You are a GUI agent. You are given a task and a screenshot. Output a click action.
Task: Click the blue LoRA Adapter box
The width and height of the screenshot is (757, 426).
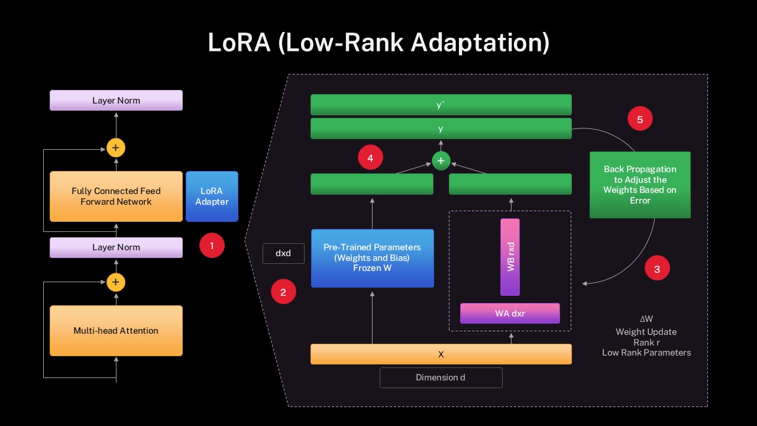(x=212, y=196)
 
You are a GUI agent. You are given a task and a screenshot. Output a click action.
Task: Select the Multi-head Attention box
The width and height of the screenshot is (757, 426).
(x=116, y=331)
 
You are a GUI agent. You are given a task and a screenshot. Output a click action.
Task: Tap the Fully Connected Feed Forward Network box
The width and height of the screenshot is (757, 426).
(x=116, y=196)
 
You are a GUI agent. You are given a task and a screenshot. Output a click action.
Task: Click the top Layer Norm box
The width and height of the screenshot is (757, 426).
(x=116, y=101)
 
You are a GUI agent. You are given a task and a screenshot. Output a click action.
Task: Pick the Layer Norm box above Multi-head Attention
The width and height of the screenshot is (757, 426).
(x=116, y=247)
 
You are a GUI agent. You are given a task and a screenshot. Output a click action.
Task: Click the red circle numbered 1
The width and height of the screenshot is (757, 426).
(x=212, y=245)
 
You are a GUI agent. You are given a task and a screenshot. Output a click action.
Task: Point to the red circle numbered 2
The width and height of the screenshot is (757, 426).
(x=283, y=292)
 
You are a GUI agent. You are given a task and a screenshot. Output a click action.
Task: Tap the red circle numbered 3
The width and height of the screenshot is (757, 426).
(x=657, y=269)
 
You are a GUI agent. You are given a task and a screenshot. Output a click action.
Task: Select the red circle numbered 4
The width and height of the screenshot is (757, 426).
(x=370, y=158)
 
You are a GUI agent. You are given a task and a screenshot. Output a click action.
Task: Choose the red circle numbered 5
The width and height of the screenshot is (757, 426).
(x=640, y=119)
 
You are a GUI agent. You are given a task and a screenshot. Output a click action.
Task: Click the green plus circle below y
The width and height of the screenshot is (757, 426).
(x=441, y=160)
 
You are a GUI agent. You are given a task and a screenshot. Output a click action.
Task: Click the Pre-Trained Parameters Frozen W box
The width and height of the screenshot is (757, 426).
(x=372, y=258)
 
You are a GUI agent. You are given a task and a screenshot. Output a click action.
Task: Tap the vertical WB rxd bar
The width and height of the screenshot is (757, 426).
(x=510, y=257)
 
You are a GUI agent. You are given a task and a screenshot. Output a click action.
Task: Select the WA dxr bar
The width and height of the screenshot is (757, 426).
(x=510, y=314)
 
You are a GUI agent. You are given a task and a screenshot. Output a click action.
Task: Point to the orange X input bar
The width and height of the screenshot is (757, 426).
(x=441, y=354)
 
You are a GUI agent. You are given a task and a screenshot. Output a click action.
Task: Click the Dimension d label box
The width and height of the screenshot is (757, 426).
(x=441, y=377)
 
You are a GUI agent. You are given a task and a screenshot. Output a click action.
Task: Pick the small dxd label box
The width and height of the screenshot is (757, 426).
(x=283, y=253)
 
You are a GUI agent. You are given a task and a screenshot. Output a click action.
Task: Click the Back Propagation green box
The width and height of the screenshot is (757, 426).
(x=640, y=185)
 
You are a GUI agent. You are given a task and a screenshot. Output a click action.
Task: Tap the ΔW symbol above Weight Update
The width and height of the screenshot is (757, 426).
(x=646, y=319)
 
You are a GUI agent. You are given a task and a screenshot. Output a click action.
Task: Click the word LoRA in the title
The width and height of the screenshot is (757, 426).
(x=240, y=43)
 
